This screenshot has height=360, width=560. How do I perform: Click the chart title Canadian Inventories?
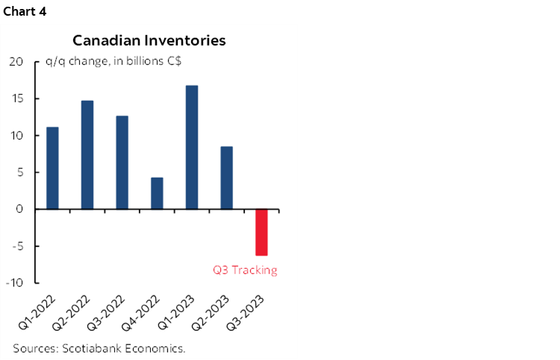tap(149, 40)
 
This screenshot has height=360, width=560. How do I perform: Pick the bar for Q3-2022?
tap(122, 163)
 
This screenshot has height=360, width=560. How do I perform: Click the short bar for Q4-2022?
tap(157, 193)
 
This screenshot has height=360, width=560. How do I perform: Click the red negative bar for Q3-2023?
tap(261, 232)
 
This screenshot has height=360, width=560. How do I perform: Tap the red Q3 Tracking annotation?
tap(245, 270)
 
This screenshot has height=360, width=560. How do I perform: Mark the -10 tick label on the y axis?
tap(16, 283)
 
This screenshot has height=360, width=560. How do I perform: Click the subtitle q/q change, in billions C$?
tap(105, 62)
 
